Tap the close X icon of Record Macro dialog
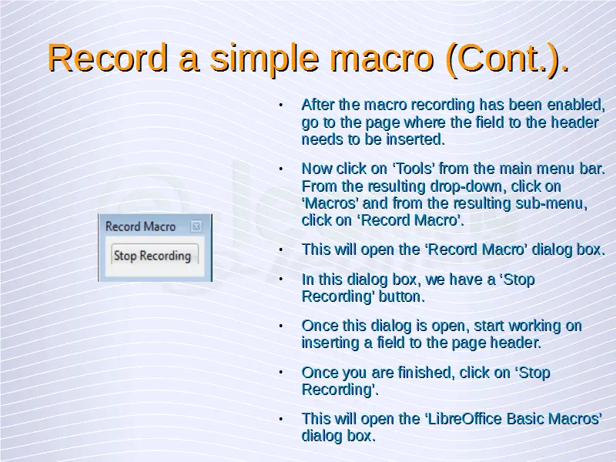pos(196,226)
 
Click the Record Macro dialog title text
pos(140,226)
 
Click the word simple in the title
pos(263,59)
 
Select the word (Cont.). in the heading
pos(507,59)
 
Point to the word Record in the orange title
pos(108,59)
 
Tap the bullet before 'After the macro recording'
pos(280,105)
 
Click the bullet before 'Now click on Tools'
pos(280,169)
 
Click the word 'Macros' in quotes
pos(330,203)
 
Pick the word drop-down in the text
pos(467,186)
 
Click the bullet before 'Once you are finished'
pos(280,373)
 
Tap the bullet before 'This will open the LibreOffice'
pos(280,419)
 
